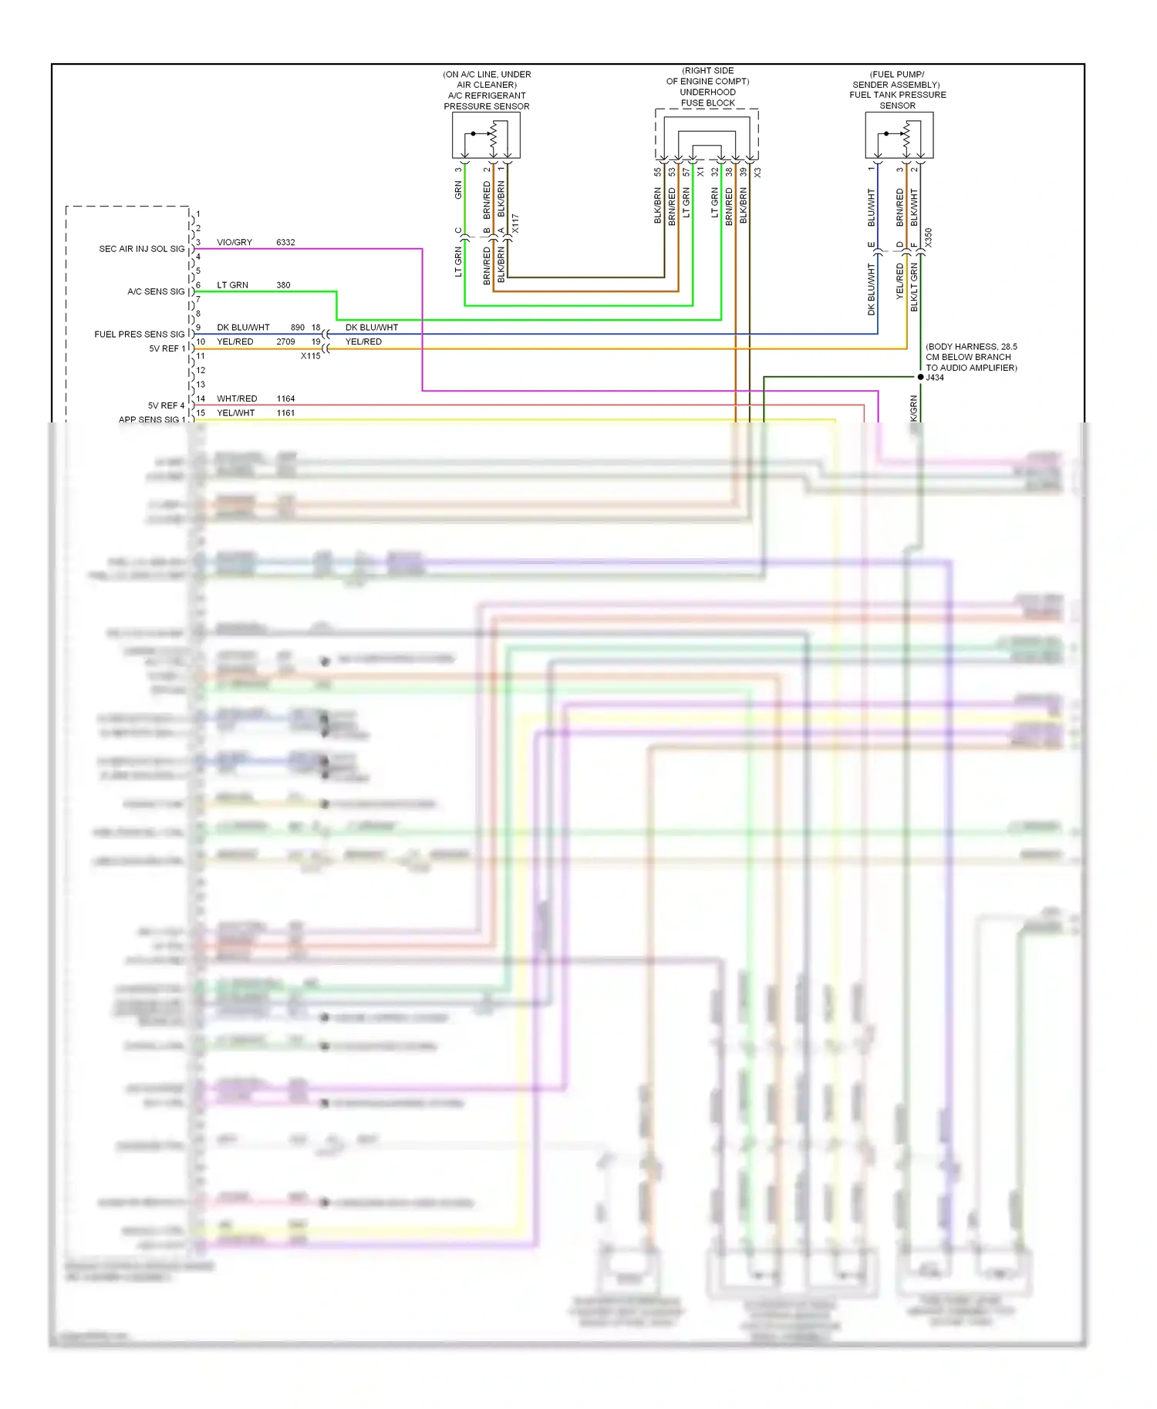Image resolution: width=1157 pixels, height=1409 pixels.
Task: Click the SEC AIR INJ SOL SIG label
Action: (x=141, y=249)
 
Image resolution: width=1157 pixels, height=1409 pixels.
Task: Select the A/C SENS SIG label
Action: (x=156, y=291)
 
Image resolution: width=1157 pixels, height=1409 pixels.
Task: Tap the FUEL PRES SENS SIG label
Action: (x=139, y=335)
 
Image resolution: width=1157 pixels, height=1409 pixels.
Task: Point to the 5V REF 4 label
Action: (x=166, y=405)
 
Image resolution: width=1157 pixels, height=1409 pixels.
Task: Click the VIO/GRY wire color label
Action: (x=234, y=242)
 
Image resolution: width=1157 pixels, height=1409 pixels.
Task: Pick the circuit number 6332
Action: (x=285, y=242)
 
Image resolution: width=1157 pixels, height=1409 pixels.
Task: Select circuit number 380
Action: (x=283, y=285)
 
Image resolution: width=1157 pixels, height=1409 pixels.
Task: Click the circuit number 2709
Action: (x=285, y=341)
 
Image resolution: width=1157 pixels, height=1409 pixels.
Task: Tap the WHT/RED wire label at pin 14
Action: (x=237, y=398)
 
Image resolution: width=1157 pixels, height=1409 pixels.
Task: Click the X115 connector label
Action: (x=310, y=356)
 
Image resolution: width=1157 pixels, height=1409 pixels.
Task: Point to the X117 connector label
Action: (x=515, y=224)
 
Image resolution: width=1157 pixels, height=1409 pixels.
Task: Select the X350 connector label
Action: (x=929, y=237)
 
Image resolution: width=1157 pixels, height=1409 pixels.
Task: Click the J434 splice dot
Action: (x=920, y=377)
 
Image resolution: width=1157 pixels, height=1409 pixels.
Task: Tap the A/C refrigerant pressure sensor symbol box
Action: (x=486, y=136)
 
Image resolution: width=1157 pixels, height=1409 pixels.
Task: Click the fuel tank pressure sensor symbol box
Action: (x=899, y=136)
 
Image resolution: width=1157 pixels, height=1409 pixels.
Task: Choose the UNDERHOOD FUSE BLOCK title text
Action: (x=707, y=97)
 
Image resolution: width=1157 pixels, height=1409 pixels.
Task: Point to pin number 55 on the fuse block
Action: (x=658, y=173)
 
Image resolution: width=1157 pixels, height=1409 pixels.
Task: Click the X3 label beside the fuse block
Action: (x=757, y=173)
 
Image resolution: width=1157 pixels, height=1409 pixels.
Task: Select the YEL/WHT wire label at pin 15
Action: (x=235, y=413)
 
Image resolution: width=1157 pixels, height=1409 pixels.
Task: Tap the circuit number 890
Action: (x=298, y=328)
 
